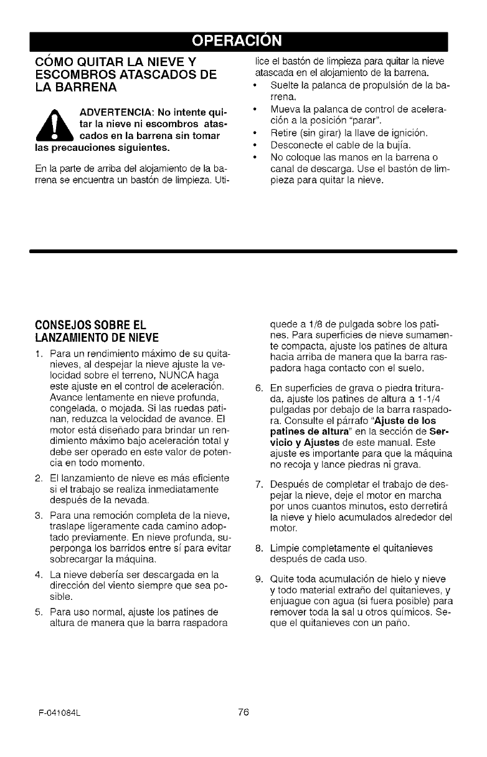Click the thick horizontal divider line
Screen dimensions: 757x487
(243, 251)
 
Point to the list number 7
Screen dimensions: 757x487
(259, 484)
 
